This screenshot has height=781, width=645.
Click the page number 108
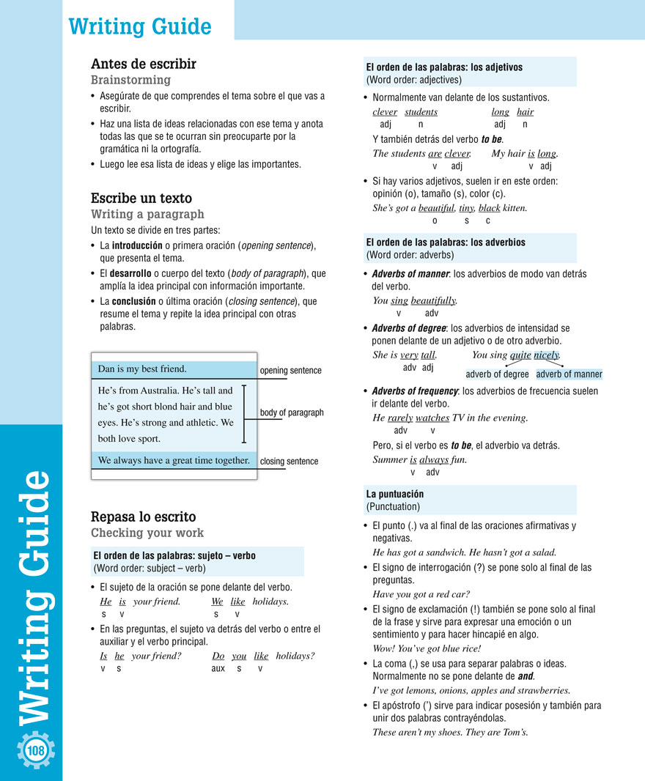point(35,751)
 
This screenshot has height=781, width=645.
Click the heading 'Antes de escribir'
point(143,64)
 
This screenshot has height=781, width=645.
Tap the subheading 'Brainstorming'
point(130,80)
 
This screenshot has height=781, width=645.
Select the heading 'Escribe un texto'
point(141,199)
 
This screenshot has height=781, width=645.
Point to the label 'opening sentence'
point(290,371)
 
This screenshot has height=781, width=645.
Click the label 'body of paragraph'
point(292,412)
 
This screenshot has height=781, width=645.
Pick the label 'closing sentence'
point(289,462)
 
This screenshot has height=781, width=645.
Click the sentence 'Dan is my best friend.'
point(142,369)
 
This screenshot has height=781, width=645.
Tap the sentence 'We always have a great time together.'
point(174,460)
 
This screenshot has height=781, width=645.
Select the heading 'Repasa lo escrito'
point(143,517)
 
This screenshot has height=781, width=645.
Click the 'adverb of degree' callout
point(497,374)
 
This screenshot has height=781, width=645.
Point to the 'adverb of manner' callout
point(569,374)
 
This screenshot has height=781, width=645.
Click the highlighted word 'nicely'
point(546,355)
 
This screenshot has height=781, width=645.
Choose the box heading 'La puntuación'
point(395,494)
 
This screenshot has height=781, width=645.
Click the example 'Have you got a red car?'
point(421,594)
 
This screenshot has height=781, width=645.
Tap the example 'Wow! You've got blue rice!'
point(427,648)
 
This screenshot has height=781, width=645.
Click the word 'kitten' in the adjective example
point(515,208)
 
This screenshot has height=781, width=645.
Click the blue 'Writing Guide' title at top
point(139,27)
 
